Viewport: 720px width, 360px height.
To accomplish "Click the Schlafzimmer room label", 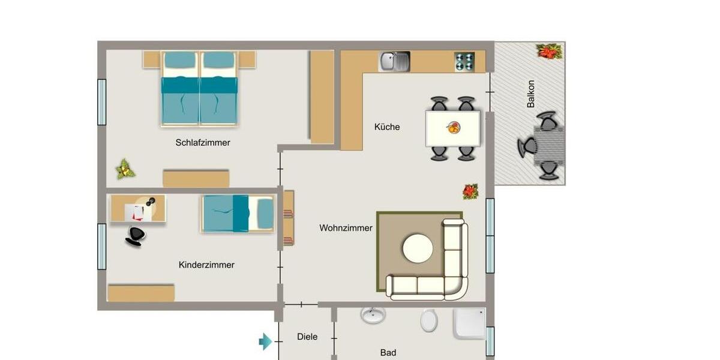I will coord(203,143).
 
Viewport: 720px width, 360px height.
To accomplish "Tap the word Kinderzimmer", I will coord(206,265).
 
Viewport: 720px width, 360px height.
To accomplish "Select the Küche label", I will coord(387,127).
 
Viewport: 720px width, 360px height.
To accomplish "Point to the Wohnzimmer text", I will coord(346,228).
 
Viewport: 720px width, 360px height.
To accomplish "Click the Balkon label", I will coord(530,94).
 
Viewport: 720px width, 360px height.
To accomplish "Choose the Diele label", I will coord(307,337).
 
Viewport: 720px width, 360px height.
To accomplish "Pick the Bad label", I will coord(388,353).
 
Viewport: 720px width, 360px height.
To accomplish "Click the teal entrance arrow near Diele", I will coord(265,342).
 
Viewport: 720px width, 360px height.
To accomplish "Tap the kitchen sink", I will coord(394,61).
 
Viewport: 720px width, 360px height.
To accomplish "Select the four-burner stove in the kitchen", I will coord(464,61).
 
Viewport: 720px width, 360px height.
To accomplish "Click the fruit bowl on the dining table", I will coord(454,127).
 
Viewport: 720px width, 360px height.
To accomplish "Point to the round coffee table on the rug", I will coord(418,249).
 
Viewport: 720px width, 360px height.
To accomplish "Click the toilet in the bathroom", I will coord(429,321).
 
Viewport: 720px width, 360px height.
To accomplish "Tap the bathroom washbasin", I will coord(374,316).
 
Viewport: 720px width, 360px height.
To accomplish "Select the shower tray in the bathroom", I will coord(470,324).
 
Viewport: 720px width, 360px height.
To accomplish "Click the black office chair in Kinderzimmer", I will coord(136,236).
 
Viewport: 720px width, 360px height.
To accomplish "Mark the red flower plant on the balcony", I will coord(548,52).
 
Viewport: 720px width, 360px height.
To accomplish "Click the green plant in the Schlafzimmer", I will coord(125,169).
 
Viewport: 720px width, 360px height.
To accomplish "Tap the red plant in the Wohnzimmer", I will coord(470,191).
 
